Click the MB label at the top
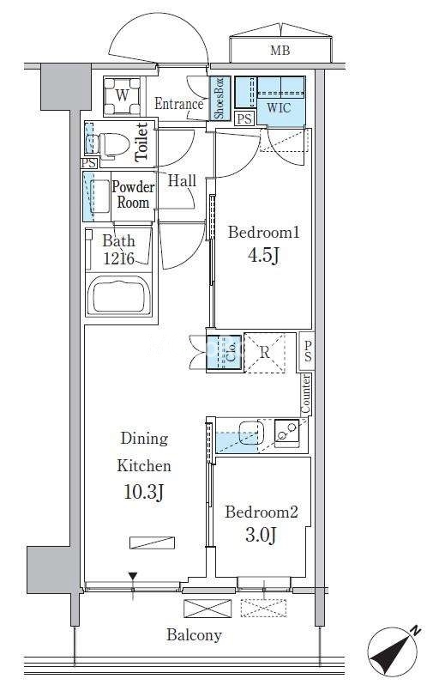(280, 51)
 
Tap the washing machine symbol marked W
(123, 95)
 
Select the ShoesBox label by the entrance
(219, 98)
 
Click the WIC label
(279, 107)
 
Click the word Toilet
(141, 142)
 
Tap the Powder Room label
(133, 194)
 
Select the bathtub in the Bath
(119, 295)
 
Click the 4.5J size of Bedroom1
(263, 255)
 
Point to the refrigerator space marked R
(264, 353)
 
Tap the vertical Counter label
(305, 394)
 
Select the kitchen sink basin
(250, 432)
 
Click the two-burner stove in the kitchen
(286, 431)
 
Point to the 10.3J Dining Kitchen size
(143, 492)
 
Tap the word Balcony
(194, 635)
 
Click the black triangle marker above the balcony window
(133, 576)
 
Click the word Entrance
(178, 104)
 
